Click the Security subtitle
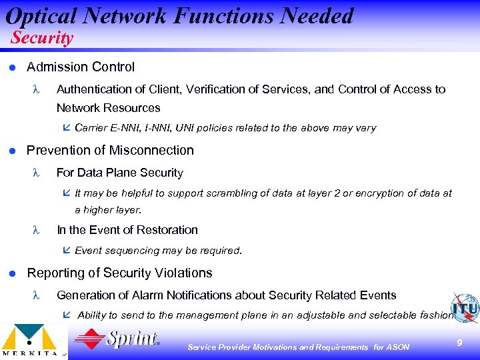(x=41, y=38)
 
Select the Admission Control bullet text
(x=80, y=67)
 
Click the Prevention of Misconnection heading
(x=110, y=150)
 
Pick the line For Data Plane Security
(x=120, y=173)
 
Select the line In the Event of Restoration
(x=127, y=230)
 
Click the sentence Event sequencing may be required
(x=158, y=251)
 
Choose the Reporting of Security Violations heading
(x=119, y=273)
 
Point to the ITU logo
(x=464, y=307)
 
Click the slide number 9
(x=459, y=342)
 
